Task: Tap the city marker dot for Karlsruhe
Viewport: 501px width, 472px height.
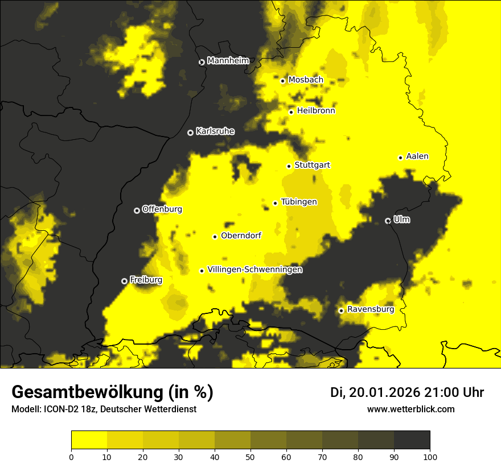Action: [190, 133]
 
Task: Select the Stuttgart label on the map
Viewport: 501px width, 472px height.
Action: [312, 165]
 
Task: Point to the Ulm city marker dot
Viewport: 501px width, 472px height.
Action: [388, 221]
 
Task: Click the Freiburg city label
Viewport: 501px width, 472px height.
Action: [146, 280]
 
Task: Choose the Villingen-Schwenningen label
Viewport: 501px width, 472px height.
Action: [254, 270]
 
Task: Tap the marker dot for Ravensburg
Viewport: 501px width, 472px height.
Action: [341, 310]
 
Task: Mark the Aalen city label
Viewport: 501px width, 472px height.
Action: [417, 156]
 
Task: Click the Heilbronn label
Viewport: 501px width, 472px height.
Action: [316, 111]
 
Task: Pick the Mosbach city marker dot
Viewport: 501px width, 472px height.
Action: [282, 81]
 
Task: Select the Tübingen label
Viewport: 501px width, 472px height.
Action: [299, 202]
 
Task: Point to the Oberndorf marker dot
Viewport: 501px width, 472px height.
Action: [215, 237]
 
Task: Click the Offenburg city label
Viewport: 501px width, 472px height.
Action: [162, 209]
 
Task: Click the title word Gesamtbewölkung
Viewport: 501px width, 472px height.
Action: [88, 392]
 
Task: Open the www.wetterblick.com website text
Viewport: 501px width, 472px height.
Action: [410, 409]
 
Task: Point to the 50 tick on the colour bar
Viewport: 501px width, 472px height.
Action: [250, 456]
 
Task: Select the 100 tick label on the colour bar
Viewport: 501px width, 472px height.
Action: [430, 456]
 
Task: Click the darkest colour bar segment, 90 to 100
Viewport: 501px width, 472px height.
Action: [412, 440]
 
